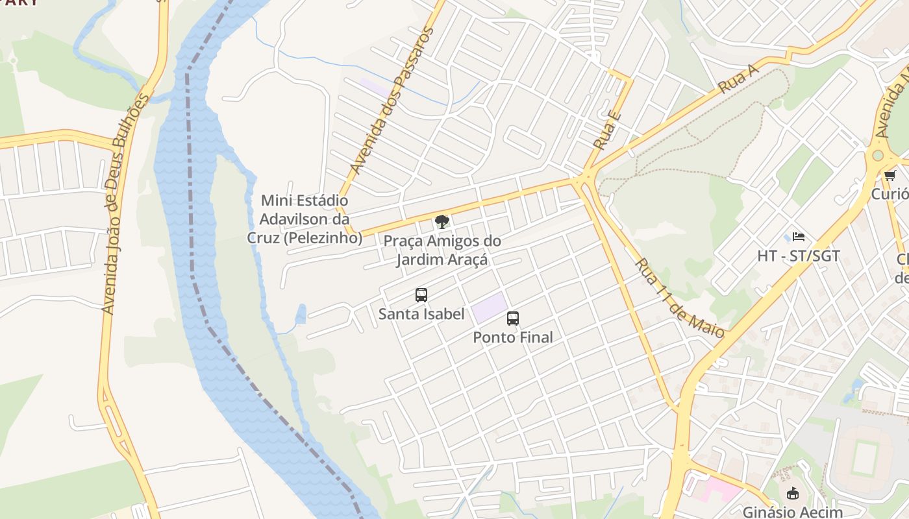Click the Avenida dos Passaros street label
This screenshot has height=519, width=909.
[391, 101]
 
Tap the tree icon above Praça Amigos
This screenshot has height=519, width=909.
[442, 222]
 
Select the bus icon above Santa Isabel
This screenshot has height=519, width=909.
[421, 295]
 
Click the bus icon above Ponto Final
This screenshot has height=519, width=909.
[513, 319]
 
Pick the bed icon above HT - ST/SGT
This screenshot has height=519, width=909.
[798, 237]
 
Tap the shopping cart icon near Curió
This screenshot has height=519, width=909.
[890, 175]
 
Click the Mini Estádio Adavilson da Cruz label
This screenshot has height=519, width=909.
[305, 219]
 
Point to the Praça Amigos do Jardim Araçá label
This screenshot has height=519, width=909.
[442, 250]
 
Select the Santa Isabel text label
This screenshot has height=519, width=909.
[421, 314]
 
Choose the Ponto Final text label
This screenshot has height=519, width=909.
[513, 337]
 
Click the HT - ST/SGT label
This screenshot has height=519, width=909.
[798, 256]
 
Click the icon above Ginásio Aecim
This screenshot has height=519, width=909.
[792, 493]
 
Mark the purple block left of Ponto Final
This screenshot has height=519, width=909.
[489, 307]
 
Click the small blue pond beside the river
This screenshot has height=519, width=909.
[300, 314]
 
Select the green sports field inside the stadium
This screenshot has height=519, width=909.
[864, 457]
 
